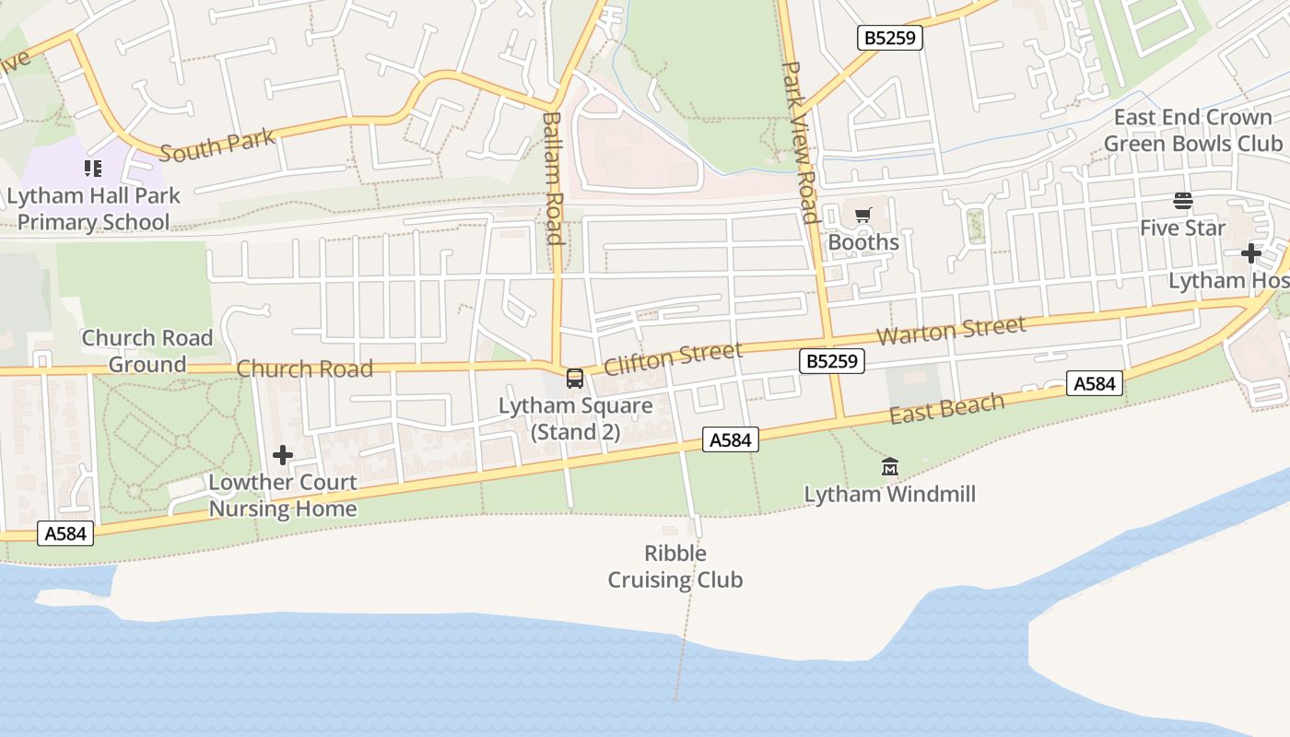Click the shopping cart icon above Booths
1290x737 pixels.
862,216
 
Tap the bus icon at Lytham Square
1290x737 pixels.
574,378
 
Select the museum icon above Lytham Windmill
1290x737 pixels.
889,467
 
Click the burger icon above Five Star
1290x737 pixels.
1183,201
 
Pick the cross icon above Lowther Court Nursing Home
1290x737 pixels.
283,455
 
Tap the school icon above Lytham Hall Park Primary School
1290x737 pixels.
93,169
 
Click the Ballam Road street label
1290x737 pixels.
553,178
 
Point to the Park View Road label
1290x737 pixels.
799,143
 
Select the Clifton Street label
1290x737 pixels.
673,358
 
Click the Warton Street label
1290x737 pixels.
950,330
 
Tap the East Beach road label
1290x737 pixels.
946,408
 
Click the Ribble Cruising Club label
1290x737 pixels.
675,567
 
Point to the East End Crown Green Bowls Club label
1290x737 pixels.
1192,131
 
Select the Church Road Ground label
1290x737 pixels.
147,351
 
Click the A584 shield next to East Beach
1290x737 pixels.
1095,383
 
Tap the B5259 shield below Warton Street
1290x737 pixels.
831,361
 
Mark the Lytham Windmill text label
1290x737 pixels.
889,494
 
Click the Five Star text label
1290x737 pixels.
1182,228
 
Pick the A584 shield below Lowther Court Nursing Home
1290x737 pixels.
66,532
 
